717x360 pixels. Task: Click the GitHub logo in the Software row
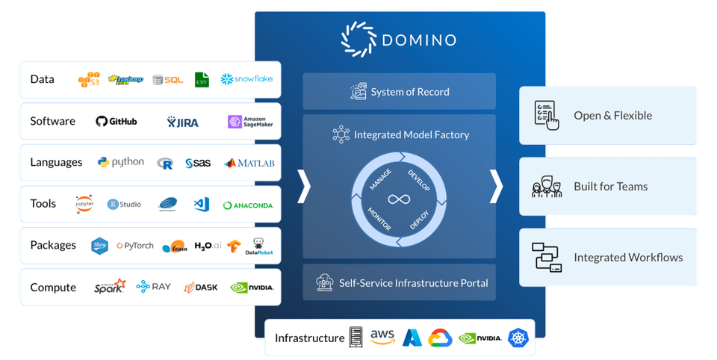pyautogui.click(x=117, y=122)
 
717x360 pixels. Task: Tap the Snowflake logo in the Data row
pyautogui.click(x=246, y=78)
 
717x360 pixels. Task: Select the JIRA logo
pyautogui.click(x=182, y=122)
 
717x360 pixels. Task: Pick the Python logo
pyautogui.click(x=120, y=162)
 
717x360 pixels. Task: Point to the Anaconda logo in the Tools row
pyautogui.click(x=248, y=205)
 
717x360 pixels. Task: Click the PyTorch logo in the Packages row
pyautogui.click(x=135, y=245)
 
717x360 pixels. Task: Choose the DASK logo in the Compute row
pyautogui.click(x=201, y=287)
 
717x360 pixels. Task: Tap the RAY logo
pyautogui.click(x=153, y=287)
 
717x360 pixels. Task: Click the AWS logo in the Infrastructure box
pyautogui.click(x=382, y=338)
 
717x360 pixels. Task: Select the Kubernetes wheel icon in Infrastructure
pyautogui.click(x=518, y=338)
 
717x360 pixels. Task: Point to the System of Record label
pyautogui.click(x=410, y=92)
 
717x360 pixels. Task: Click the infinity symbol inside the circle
pyautogui.click(x=399, y=199)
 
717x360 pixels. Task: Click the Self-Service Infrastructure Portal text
pyautogui.click(x=413, y=283)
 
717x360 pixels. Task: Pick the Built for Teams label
pyautogui.click(x=610, y=187)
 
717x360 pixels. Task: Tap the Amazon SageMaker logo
pyautogui.click(x=250, y=122)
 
